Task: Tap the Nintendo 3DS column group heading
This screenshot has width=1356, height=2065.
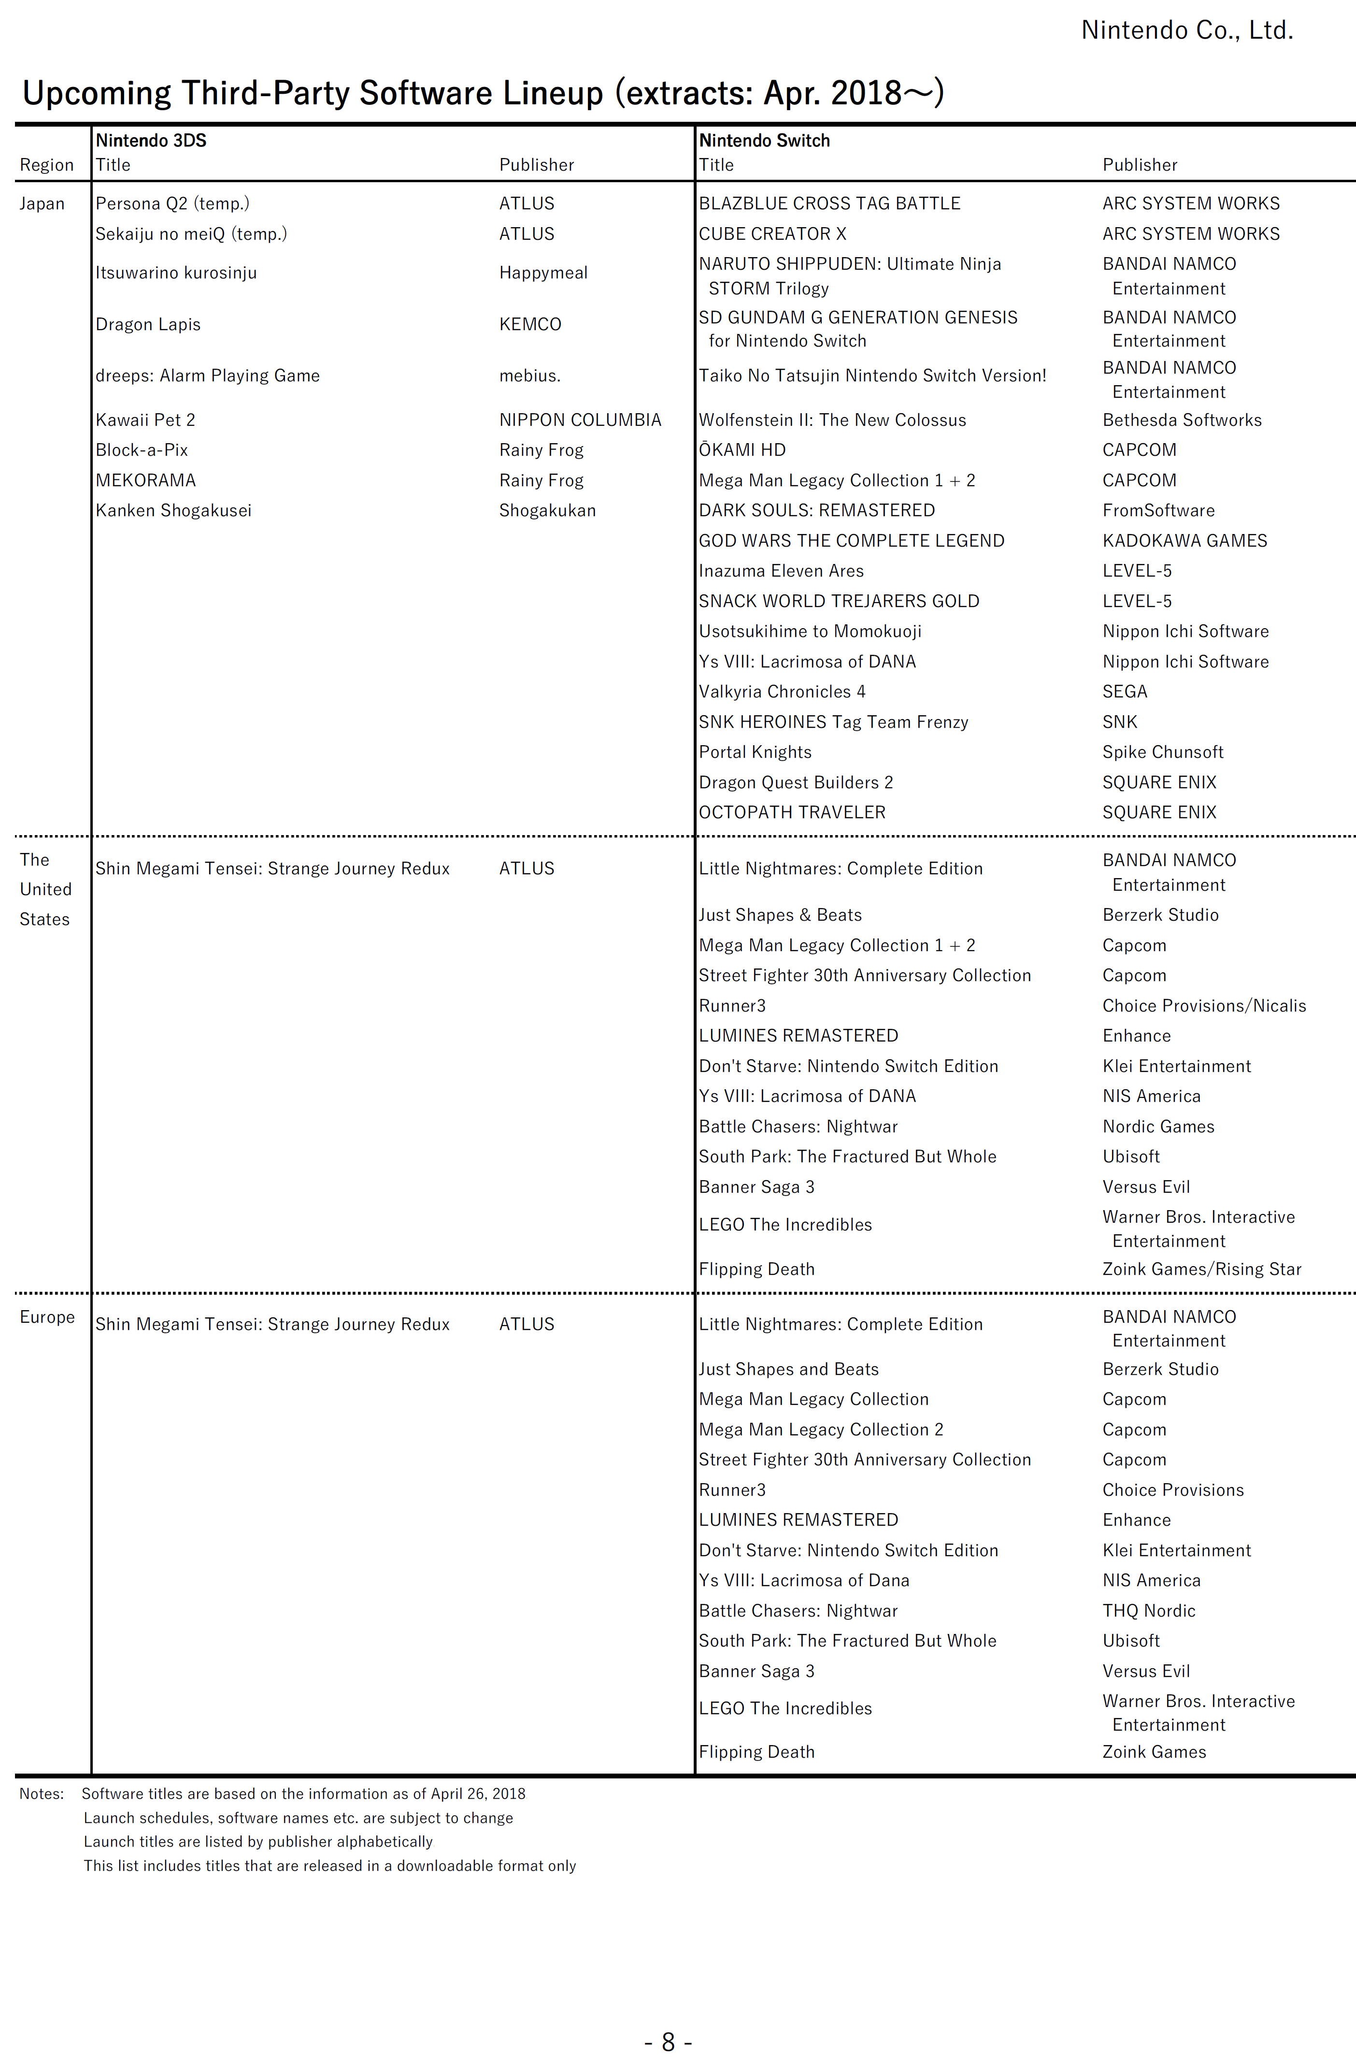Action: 151,141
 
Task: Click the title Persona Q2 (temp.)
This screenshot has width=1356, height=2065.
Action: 172,204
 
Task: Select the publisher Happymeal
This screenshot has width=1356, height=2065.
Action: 543,274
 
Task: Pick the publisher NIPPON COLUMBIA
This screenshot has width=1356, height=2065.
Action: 580,420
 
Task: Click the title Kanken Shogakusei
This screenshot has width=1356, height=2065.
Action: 173,510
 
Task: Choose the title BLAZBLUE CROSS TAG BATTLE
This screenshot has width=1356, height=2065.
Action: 829,204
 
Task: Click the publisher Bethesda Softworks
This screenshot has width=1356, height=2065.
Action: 1182,420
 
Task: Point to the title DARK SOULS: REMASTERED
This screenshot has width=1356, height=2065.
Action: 816,510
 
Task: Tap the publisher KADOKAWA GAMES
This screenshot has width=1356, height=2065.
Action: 1184,541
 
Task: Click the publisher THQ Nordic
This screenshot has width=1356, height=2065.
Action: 1149,1611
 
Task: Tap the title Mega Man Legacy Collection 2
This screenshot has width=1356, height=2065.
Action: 821,1430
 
